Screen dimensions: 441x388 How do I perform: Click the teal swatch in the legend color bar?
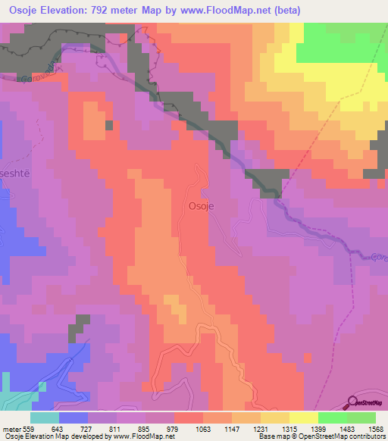[x=45, y=418]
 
